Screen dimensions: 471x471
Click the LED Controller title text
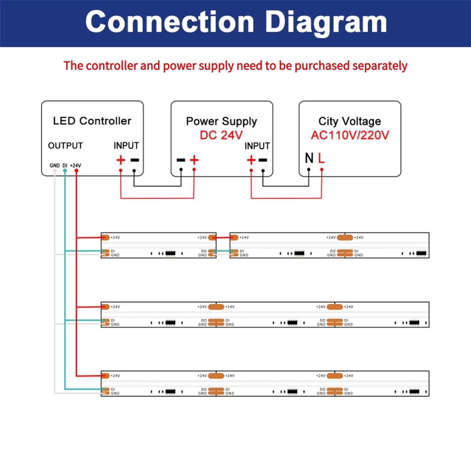(x=92, y=121)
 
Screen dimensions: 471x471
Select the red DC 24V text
(x=221, y=135)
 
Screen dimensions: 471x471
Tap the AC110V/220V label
(x=350, y=135)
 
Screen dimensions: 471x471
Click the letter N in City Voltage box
(x=309, y=158)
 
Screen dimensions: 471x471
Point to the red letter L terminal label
(x=321, y=158)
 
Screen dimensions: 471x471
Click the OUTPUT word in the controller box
(x=65, y=146)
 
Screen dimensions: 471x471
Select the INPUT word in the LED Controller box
(x=126, y=146)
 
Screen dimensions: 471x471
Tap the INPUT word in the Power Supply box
(x=257, y=146)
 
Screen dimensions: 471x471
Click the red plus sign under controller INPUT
(x=121, y=160)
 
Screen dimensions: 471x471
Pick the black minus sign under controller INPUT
(x=135, y=160)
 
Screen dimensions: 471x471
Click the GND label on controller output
(x=54, y=165)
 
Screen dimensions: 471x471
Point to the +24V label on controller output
(x=75, y=165)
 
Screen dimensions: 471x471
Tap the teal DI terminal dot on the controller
(x=65, y=170)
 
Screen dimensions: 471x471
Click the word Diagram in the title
(x=326, y=22)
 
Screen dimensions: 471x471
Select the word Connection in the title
(x=170, y=22)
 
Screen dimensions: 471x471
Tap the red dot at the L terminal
(x=322, y=170)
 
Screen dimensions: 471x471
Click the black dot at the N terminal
(x=309, y=170)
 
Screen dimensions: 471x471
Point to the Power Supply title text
(x=221, y=121)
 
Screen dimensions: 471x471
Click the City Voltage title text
(x=350, y=121)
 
